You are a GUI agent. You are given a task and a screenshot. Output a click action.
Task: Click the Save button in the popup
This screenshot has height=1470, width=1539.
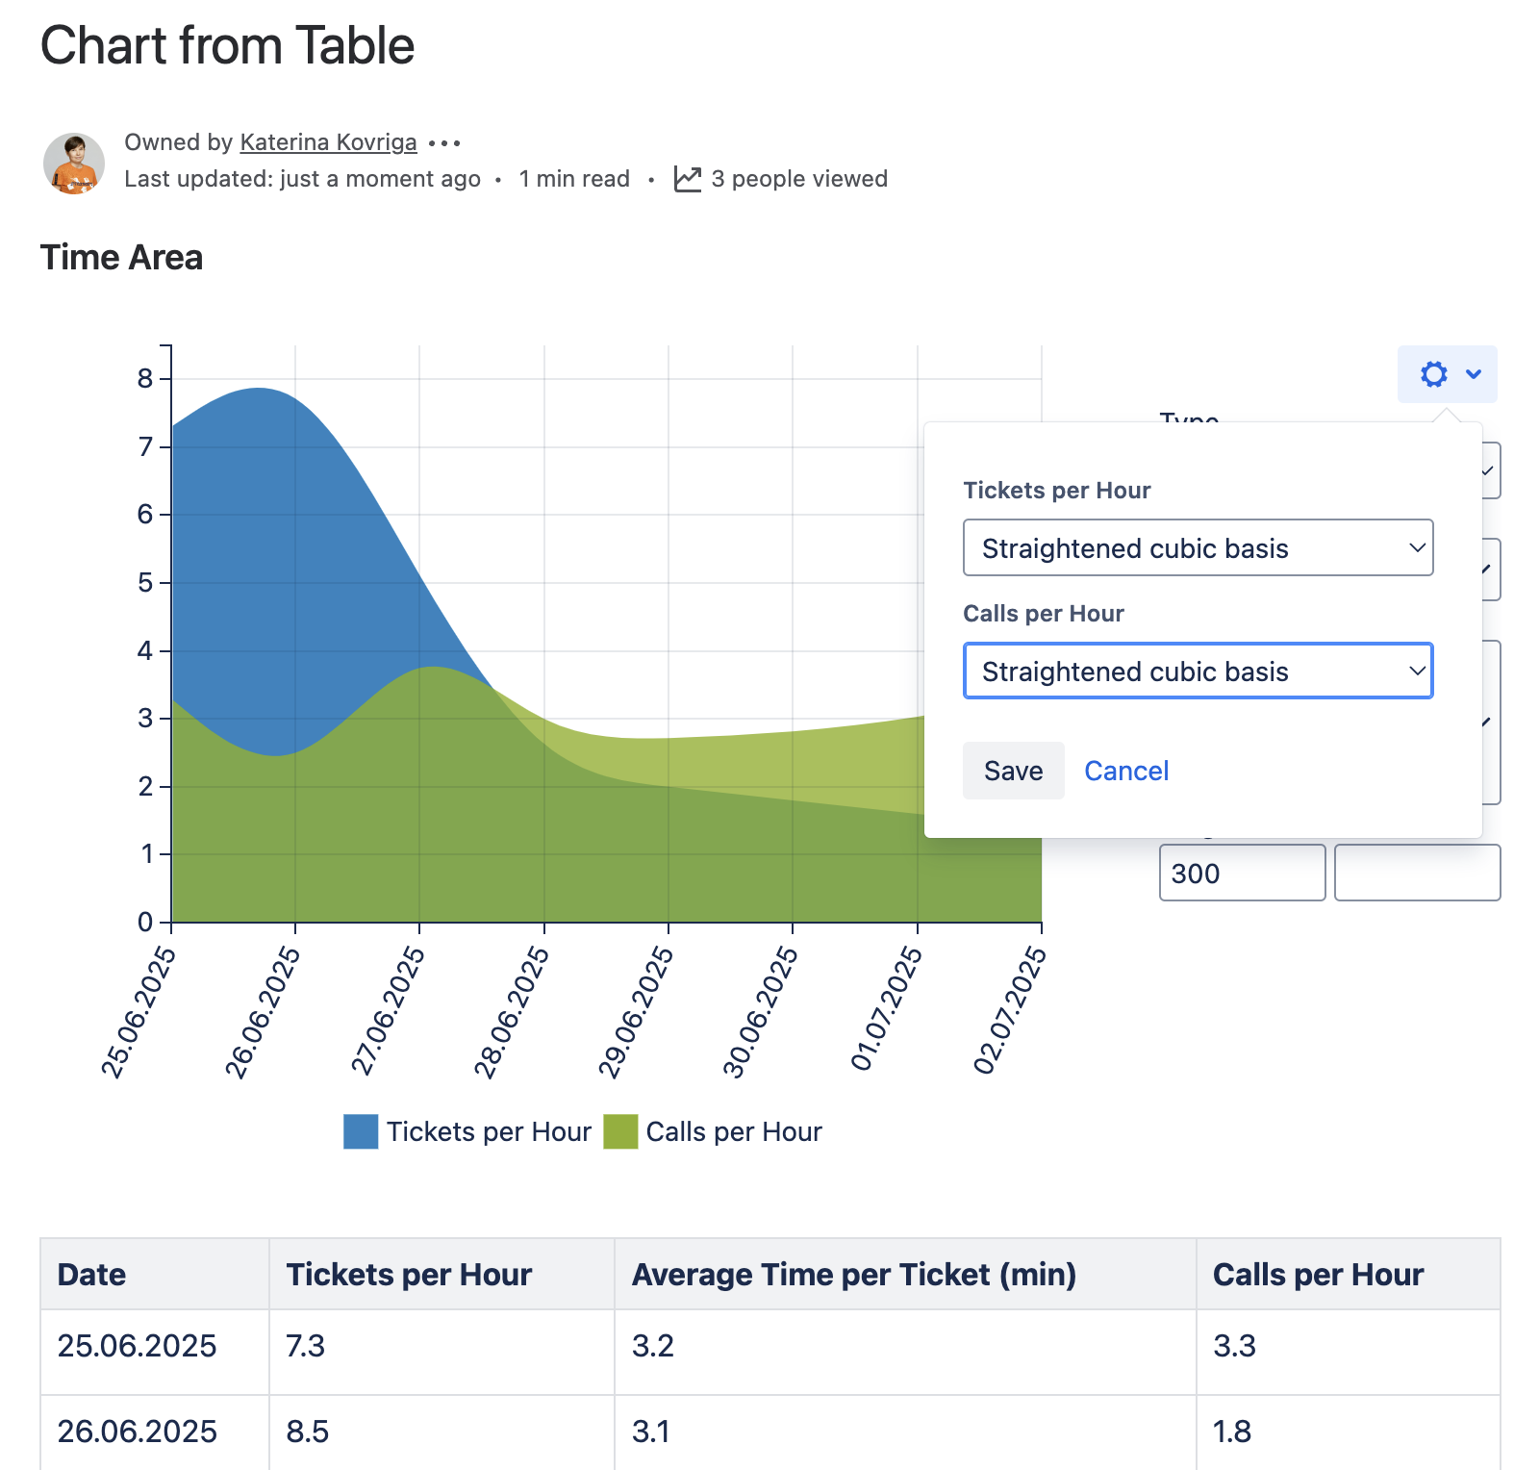(1013, 771)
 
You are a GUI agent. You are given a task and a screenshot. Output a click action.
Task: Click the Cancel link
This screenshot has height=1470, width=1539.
(1126, 771)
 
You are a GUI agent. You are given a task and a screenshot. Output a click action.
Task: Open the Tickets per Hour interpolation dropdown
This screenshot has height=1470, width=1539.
(1198, 548)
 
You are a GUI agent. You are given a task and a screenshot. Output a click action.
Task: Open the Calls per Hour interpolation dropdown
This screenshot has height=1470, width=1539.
(1198, 672)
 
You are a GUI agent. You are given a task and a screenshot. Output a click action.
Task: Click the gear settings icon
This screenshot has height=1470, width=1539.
(1434, 374)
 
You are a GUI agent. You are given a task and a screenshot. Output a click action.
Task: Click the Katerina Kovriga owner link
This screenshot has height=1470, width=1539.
(328, 142)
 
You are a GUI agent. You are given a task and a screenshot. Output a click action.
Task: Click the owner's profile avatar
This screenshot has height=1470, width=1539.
(74, 164)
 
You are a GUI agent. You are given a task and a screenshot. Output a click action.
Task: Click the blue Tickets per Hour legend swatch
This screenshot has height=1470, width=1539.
(361, 1131)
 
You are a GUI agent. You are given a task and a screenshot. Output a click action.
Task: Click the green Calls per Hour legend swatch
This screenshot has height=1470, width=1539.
(620, 1131)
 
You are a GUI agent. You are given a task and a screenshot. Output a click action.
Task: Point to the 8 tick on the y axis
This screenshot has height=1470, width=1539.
(146, 379)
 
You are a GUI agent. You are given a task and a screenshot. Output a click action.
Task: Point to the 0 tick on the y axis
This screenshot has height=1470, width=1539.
(146, 923)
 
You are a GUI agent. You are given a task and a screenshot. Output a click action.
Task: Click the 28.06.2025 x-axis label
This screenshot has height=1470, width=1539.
(512, 1012)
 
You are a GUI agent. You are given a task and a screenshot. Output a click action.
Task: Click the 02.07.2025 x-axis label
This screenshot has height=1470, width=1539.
(1010, 1010)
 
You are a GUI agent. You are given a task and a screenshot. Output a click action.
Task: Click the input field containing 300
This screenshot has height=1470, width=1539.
(1242, 873)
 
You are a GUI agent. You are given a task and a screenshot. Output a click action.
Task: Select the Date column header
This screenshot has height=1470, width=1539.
(92, 1275)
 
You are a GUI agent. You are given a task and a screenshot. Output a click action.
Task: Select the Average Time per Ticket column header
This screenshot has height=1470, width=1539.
(853, 1275)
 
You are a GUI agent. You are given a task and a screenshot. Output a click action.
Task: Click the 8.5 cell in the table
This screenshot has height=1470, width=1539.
(308, 1432)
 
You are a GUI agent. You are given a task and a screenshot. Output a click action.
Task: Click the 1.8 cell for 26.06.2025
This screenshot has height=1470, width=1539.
(1232, 1432)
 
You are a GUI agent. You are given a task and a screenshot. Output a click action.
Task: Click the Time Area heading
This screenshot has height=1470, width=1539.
(121, 258)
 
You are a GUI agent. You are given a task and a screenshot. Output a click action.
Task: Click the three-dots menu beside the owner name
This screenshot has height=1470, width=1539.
(444, 143)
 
